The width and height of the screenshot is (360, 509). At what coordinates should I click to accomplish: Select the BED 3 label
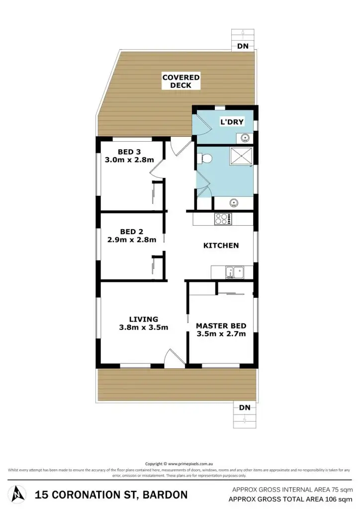(129, 152)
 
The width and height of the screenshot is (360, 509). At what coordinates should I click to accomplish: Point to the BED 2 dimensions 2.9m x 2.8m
(132, 240)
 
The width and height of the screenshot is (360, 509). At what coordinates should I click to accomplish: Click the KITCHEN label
(221, 246)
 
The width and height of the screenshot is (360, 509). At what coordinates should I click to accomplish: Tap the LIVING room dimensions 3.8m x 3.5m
(143, 328)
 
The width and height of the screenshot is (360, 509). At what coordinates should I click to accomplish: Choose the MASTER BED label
(221, 326)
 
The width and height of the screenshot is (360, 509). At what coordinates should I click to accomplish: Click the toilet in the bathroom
(205, 158)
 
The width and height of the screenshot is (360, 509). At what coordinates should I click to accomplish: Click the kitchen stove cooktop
(223, 218)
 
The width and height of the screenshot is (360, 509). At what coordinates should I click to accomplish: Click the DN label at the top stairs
(243, 46)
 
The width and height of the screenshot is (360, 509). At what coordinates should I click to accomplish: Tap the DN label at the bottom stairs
(244, 408)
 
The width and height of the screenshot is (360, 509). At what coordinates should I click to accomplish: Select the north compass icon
(18, 494)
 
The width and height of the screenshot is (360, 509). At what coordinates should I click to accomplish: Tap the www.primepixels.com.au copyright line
(180, 464)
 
